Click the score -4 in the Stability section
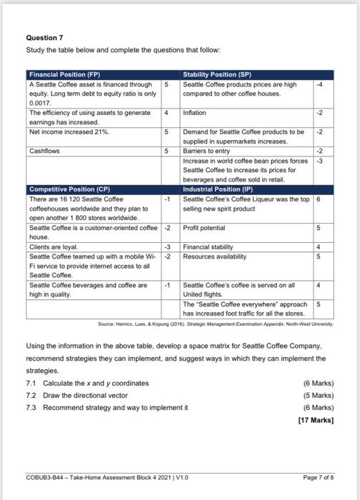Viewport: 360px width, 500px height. click(x=320, y=84)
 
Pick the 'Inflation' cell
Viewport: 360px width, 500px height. click(x=194, y=113)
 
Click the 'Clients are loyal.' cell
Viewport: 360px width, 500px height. click(x=54, y=247)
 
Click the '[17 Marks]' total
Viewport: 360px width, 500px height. click(x=316, y=420)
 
